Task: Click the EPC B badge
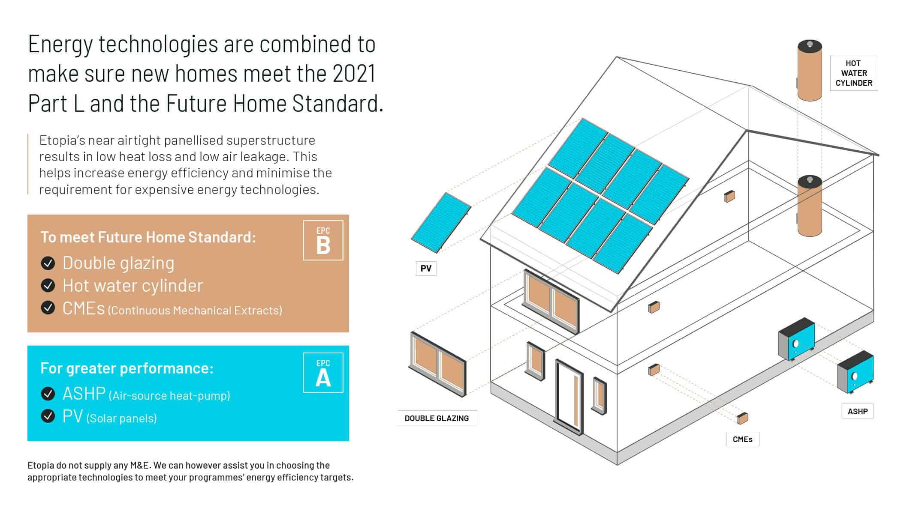point(323,240)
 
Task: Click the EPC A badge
point(323,373)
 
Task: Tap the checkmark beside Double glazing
point(48,263)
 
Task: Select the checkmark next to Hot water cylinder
point(48,285)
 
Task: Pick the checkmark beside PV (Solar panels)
point(48,416)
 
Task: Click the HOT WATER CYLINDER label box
point(854,73)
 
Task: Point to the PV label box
point(426,269)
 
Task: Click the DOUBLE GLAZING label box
point(437,418)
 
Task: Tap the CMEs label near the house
point(742,439)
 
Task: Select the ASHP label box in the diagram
point(858,411)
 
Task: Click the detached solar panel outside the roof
point(441,223)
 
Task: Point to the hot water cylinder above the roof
point(810,71)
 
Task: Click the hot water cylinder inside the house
point(810,206)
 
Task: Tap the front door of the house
point(569,397)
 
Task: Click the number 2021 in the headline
point(354,73)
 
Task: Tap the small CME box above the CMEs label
point(742,418)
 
